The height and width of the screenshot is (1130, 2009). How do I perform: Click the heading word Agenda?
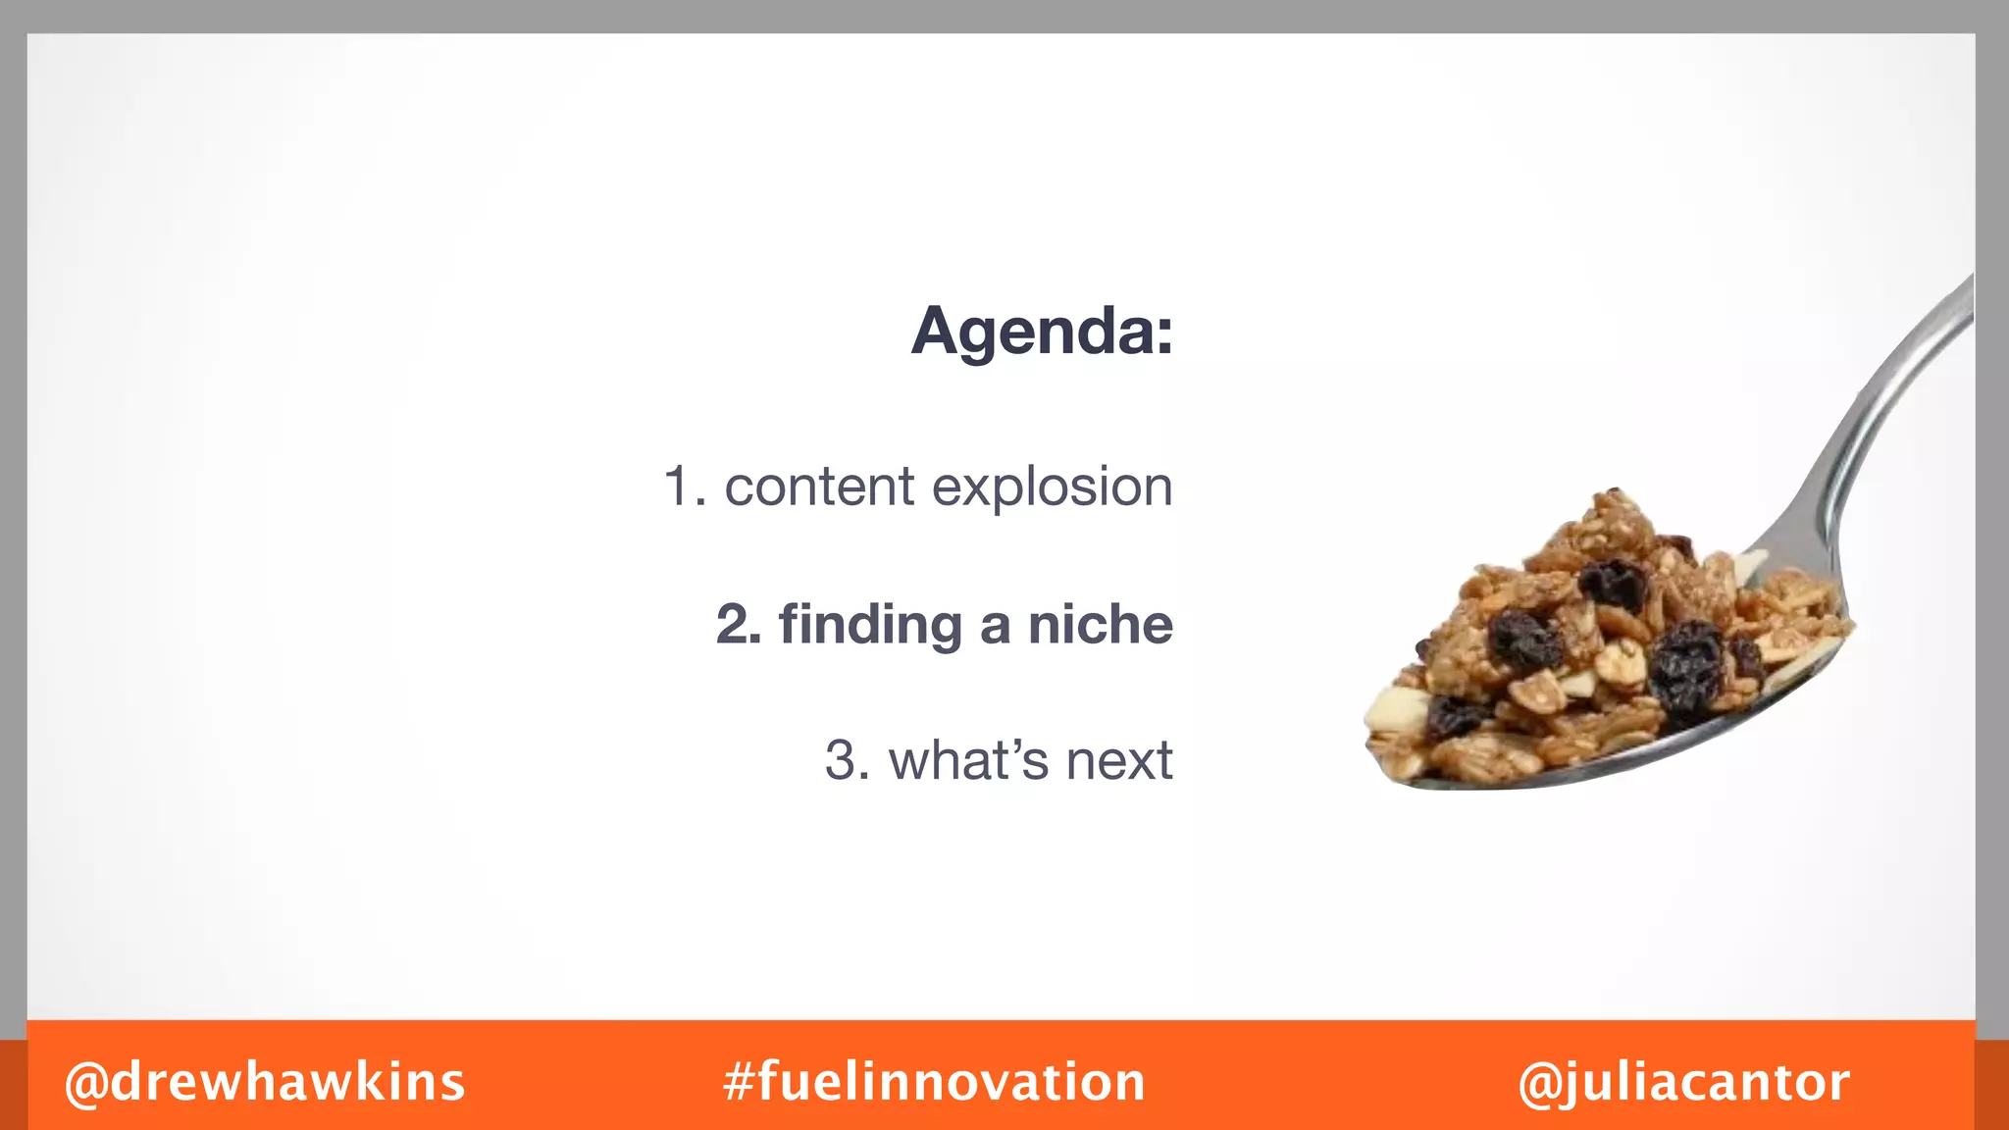[1042, 332]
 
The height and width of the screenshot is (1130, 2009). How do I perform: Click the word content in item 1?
[819, 487]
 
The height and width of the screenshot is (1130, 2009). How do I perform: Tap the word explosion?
[1052, 488]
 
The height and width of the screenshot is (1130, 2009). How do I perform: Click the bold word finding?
[870, 626]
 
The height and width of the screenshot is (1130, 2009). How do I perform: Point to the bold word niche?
[1100, 625]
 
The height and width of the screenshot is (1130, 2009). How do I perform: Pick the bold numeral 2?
[738, 625]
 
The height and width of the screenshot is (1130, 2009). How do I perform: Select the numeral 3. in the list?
[847, 760]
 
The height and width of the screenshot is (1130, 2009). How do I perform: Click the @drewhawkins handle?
[265, 1082]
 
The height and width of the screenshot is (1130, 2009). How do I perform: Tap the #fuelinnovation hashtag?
[934, 1082]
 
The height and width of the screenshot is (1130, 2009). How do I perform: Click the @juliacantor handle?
[1683, 1082]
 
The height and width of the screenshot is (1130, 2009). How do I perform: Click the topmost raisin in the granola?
[1614, 583]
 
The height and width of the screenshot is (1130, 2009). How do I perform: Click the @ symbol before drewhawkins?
[86, 1083]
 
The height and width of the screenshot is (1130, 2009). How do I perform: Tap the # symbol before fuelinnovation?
[739, 1082]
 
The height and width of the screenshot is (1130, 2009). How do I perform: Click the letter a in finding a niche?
[995, 628]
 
